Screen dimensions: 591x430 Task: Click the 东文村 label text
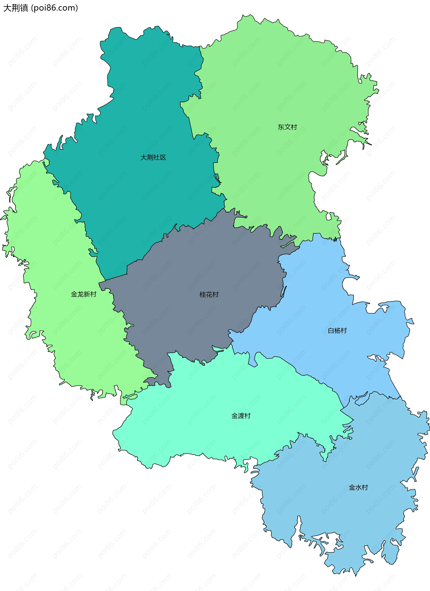pos(287,127)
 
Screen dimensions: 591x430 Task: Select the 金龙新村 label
pos(84,294)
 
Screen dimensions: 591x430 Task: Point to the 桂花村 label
pos(209,294)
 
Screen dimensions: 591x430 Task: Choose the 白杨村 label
pos(337,331)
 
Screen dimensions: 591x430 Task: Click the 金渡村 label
pos(241,416)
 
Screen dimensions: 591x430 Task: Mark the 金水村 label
pos(358,488)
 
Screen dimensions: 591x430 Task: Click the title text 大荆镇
pos(16,8)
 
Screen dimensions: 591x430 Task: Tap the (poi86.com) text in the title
pos(54,8)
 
